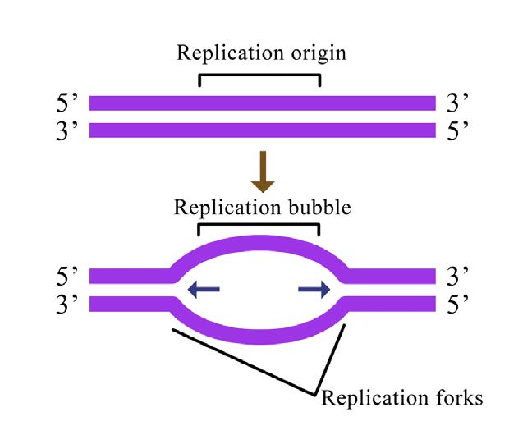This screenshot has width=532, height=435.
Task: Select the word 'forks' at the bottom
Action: pyautogui.click(x=453, y=399)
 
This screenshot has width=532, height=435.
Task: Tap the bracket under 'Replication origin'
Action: pyautogui.click(x=259, y=76)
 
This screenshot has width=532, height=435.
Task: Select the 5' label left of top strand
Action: pyautogui.click(x=66, y=104)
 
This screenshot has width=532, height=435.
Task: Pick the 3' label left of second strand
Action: pyautogui.click(x=66, y=130)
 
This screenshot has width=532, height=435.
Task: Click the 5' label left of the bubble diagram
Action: pyautogui.click(x=66, y=275)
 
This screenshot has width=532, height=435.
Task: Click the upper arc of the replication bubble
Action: pyautogui.click(x=259, y=242)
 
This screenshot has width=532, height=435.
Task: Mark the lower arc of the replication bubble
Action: pyautogui.click(x=259, y=336)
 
